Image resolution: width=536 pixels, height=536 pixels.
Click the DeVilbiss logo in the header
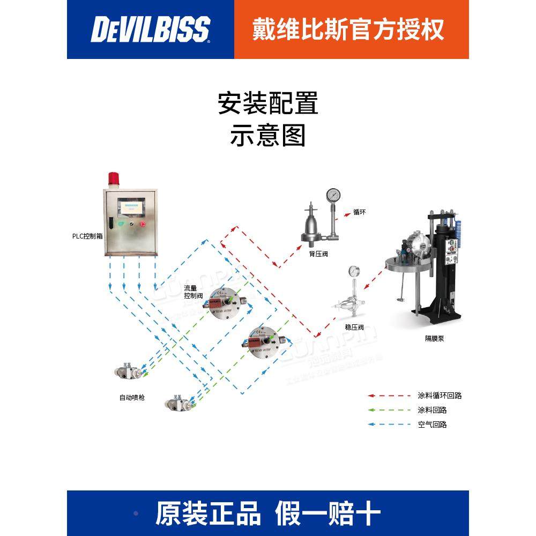pos(150,29)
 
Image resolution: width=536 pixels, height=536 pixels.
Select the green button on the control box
pos(121,224)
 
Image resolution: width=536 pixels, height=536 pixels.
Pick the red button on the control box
pos(143,224)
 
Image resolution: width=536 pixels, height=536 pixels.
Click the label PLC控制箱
pos(88,236)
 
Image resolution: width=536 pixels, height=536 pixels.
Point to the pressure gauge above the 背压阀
pos(333,194)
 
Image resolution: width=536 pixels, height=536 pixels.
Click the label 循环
pos(359,212)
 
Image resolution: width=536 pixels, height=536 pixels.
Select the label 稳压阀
pos(355,327)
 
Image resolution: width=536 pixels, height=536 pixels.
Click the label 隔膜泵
pos(435,339)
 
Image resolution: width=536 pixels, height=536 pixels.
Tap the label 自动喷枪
pos(132,398)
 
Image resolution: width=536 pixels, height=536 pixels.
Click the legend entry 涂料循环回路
pos(439,396)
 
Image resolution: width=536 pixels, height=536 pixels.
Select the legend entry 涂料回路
pos(431,410)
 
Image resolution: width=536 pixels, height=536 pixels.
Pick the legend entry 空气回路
pos(431,425)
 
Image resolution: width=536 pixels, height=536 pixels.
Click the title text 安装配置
pos(268,103)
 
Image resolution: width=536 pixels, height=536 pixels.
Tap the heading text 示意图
pos(268,135)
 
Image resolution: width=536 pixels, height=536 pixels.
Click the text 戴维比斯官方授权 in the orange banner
pos(348,29)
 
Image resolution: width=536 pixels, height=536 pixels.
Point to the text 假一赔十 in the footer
pos(327,513)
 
